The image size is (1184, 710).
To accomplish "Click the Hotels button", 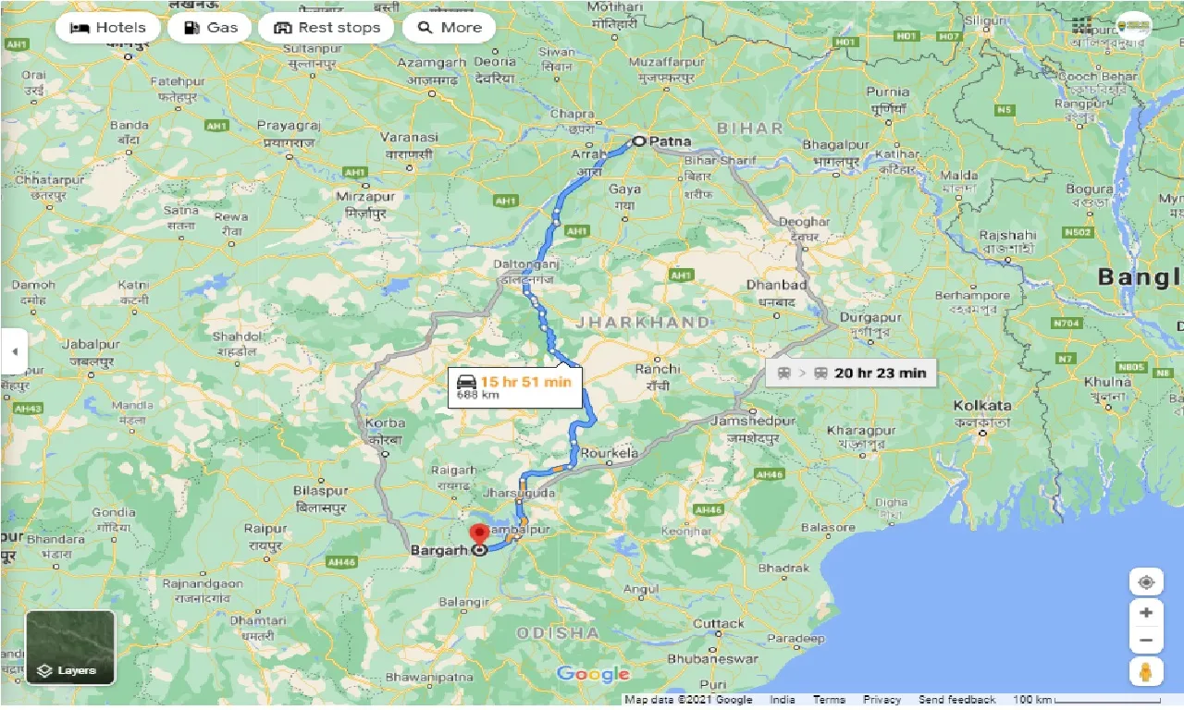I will coord(108,28).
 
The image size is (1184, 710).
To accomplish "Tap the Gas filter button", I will coord(210,28).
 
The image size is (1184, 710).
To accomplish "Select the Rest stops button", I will coord(327,28).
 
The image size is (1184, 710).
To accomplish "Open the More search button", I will coord(450,28).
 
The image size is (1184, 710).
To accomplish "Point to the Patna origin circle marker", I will coord(639,141).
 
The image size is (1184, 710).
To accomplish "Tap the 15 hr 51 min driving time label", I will coord(516,386).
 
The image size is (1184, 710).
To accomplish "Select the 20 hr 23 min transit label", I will coord(852,373).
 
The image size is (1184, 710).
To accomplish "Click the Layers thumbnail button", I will coord(70,647).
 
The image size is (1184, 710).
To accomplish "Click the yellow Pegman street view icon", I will coord(1146,671).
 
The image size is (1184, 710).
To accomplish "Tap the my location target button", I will coord(1146,582).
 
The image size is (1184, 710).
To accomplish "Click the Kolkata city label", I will coord(981,406).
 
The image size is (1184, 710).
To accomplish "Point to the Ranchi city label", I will coord(657,369).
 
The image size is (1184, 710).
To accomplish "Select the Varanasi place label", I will coord(409,137).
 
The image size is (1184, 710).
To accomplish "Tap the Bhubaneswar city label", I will coord(713,660).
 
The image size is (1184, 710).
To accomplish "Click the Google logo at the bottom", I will coord(593,675).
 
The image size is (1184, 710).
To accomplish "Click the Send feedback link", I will coord(956,700).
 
